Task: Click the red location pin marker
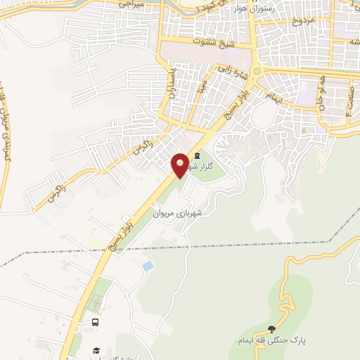tap(181, 165)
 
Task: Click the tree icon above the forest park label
tap(272, 328)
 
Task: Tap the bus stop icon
tap(94, 323)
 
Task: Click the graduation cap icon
tap(96, 349)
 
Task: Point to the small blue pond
tap(148, 266)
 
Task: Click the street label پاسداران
tap(169, 84)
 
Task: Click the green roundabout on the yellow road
tap(257, 71)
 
